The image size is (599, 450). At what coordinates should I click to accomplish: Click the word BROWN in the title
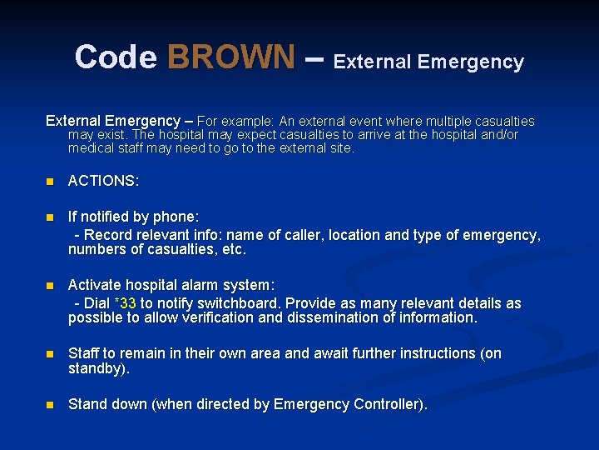tap(230, 57)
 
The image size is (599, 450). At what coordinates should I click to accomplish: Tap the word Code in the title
tap(116, 57)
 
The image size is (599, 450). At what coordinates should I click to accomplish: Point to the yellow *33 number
tap(125, 303)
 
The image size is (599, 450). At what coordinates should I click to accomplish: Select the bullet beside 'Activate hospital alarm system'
tap(50, 286)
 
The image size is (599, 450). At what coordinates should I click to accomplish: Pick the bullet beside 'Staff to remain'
tap(50, 354)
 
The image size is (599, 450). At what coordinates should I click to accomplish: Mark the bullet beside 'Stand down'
tap(50, 405)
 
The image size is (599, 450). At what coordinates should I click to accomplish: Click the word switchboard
tap(237, 303)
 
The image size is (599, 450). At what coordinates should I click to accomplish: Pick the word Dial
tap(97, 303)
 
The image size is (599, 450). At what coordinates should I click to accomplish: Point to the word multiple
tap(426, 121)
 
